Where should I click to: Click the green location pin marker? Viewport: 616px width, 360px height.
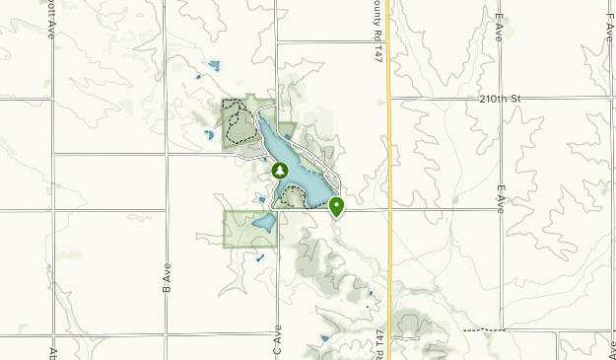(x=337, y=206)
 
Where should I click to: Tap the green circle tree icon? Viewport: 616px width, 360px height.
(x=280, y=171)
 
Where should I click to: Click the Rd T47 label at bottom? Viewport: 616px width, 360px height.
(x=377, y=345)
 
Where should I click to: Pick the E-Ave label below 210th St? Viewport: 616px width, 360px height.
(x=501, y=200)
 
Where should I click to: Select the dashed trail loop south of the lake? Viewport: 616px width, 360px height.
(x=294, y=198)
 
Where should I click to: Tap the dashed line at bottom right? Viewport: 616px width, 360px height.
(x=483, y=329)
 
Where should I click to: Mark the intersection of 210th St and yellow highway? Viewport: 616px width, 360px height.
(x=389, y=98)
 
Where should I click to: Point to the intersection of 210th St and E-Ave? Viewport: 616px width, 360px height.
(x=501, y=98)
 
